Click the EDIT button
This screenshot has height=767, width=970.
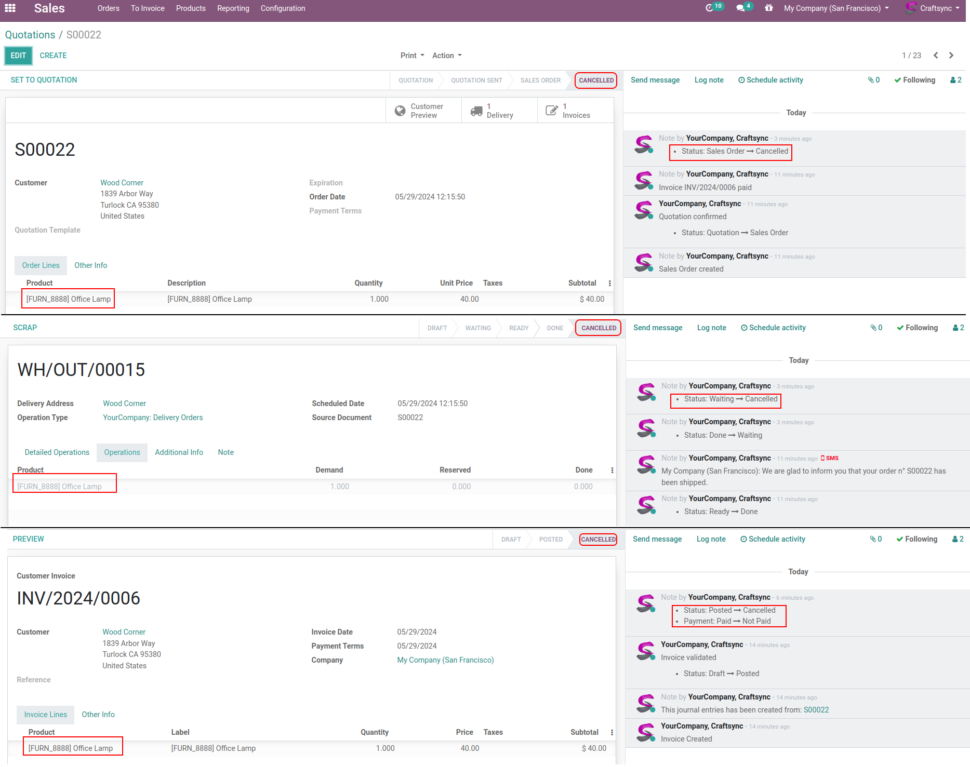click(18, 56)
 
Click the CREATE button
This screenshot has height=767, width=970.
click(53, 56)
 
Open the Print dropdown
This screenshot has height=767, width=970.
click(412, 56)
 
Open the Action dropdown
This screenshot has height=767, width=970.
click(446, 56)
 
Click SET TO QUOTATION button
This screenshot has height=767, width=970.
click(44, 80)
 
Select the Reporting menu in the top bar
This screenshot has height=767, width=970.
click(233, 8)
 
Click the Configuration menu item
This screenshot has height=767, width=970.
click(283, 8)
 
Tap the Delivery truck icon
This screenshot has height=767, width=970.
click(476, 111)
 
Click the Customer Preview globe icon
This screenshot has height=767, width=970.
click(400, 111)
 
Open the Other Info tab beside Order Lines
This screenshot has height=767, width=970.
click(90, 265)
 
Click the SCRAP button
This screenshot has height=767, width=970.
click(25, 328)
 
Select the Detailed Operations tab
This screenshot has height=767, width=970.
click(57, 452)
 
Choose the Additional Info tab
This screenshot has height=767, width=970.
click(179, 452)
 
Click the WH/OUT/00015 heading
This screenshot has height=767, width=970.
click(81, 370)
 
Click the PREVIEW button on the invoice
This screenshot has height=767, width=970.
click(28, 539)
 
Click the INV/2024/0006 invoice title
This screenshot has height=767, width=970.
click(78, 598)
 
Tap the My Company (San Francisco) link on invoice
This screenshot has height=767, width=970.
click(445, 660)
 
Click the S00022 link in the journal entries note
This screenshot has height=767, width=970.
click(816, 710)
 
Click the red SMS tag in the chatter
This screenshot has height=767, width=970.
click(830, 458)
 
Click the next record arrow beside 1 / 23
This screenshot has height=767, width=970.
click(951, 56)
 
